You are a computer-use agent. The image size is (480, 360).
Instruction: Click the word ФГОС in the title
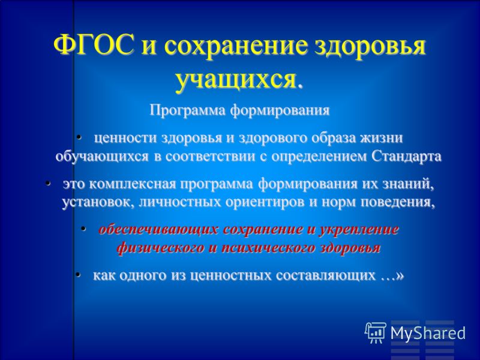pyautogui.click(x=94, y=46)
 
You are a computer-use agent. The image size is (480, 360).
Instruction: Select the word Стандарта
pyautogui.click(x=407, y=157)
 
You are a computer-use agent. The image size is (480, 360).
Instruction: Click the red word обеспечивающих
pyautogui.click(x=158, y=230)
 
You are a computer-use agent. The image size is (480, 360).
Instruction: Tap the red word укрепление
pyautogui.click(x=359, y=230)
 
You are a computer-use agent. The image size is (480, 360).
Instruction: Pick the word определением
pyautogui.click(x=319, y=157)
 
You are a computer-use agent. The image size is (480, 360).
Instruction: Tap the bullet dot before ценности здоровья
pyautogui.click(x=79, y=137)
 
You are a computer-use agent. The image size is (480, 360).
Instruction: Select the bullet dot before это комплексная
pyautogui.click(x=48, y=184)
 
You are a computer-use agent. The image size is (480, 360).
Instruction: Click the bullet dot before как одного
pyautogui.click(x=78, y=274)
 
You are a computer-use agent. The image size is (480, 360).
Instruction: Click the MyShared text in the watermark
pyautogui.click(x=428, y=333)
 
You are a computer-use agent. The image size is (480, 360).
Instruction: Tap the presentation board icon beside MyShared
pyautogui.click(x=376, y=332)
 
